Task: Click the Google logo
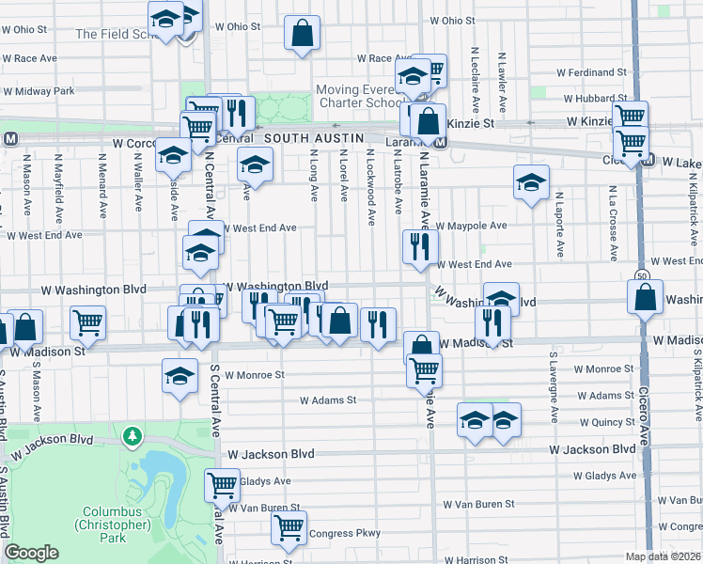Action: [31, 553]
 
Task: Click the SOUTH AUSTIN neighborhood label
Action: [313, 138]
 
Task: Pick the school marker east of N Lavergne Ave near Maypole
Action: [531, 182]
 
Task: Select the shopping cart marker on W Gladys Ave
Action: [223, 486]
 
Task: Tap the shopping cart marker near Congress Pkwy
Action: [289, 527]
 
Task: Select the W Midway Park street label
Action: [39, 91]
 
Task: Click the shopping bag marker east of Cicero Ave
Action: [646, 299]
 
